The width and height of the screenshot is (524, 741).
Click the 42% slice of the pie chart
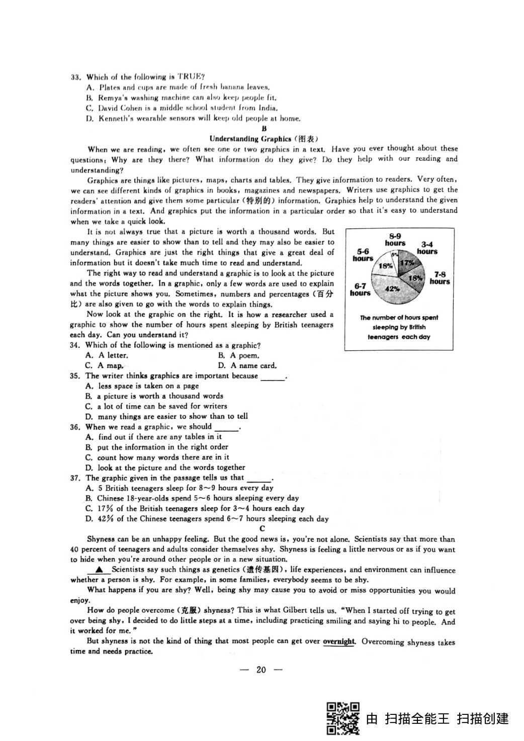point(391,291)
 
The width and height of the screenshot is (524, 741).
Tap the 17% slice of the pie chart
point(406,263)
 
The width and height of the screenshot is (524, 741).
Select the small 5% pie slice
point(395,255)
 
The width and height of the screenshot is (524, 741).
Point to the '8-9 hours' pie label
point(395,239)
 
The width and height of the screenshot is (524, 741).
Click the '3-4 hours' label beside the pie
point(427,248)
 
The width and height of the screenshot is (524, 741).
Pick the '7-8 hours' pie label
point(440,278)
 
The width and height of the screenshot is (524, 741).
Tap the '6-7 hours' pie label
point(360,289)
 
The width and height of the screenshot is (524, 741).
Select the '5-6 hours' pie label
point(363,255)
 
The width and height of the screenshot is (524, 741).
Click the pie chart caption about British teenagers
point(399,327)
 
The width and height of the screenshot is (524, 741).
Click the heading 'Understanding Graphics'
point(250,139)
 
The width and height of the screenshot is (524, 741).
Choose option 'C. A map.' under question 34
point(105,365)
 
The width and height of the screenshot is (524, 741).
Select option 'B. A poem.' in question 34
point(239,355)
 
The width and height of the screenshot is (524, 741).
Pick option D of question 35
point(166,416)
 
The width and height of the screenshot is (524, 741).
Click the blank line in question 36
point(226,429)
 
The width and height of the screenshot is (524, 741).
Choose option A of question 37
point(180,488)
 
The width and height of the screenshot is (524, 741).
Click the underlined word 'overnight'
point(339,641)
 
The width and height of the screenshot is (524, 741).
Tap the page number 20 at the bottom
point(261,670)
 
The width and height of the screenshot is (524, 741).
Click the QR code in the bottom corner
point(343,718)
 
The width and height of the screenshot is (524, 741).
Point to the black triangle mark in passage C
point(99,570)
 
